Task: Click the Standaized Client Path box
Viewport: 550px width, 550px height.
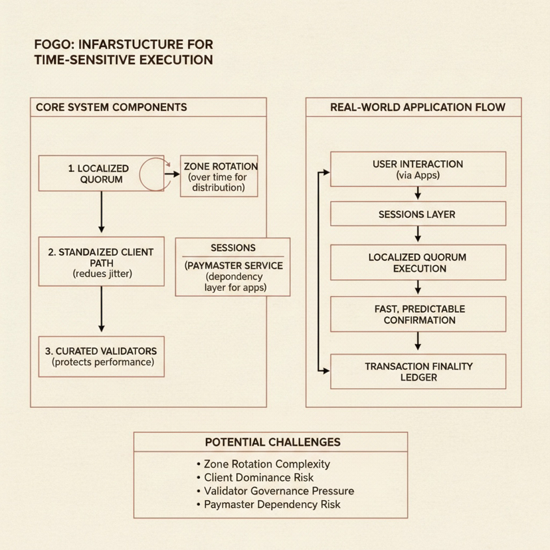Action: pos(101,262)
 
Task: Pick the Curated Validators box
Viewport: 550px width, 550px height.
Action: pos(101,357)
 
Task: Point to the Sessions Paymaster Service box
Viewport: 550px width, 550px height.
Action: pos(232,267)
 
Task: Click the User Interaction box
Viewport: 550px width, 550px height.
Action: pos(418,169)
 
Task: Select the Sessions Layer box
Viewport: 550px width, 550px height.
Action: pos(418,215)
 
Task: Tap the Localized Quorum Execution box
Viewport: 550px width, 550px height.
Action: pos(418,263)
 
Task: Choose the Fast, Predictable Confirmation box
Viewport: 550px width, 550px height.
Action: pos(418,314)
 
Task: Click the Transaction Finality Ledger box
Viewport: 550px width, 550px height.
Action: pos(418,371)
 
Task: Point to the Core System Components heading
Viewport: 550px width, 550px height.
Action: pos(111,107)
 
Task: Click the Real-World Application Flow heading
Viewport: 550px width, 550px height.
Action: pos(418,107)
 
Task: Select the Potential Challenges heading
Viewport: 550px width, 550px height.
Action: pos(272,442)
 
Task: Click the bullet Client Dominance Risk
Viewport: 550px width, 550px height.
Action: pos(260,478)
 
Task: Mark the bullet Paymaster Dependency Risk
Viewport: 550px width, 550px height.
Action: pos(272,504)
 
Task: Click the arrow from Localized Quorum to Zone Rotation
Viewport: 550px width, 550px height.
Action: pos(172,174)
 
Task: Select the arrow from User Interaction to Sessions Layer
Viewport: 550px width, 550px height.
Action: pos(418,193)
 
